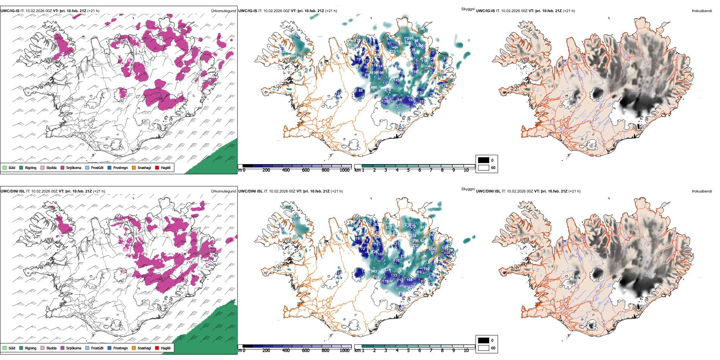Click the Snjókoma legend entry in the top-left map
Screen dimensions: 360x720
click(73, 167)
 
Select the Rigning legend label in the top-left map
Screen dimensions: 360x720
click(30, 167)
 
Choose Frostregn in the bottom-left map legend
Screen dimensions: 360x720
click(120, 348)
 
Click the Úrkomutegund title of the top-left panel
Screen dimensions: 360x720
click(223, 11)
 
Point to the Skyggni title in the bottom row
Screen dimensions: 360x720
click(468, 189)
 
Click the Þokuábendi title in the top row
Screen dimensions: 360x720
click(702, 11)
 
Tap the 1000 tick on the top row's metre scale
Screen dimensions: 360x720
click(344, 170)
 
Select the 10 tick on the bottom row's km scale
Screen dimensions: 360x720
click(466, 351)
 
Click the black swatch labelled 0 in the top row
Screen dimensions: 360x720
click(484, 160)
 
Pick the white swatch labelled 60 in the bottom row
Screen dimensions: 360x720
click(484, 348)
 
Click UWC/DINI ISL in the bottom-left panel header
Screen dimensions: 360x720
click(13, 191)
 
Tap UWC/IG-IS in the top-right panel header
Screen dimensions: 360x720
click(485, 11)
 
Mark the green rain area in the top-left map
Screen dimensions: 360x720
click(216, 159)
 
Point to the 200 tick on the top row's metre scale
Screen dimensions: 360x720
click(266, 170)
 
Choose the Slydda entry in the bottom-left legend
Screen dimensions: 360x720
click(51, 348)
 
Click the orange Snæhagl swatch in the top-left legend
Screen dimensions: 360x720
click(134, 167)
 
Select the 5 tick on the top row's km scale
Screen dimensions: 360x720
click(408, 170)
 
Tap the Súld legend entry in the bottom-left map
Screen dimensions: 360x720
click(11, 348)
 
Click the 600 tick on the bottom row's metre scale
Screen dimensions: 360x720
click(305, 351)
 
